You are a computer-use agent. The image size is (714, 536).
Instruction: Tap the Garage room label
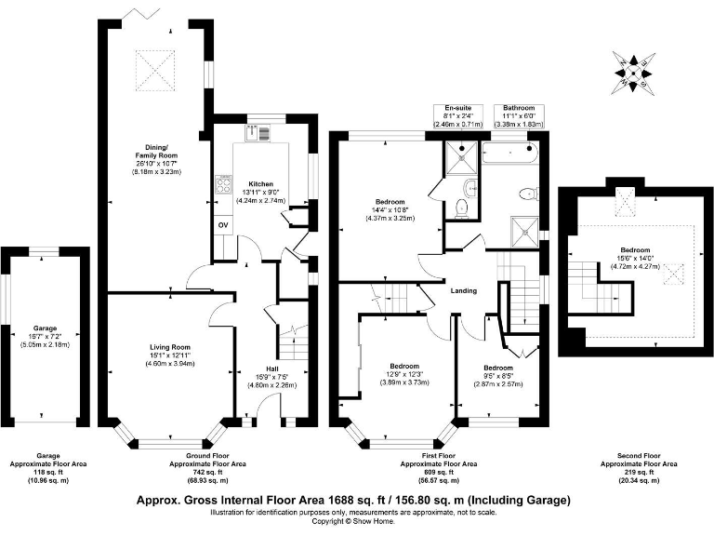point(45,328)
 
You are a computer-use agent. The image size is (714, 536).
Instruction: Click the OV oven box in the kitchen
point(223,225)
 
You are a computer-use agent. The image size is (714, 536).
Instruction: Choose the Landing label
point(464,290)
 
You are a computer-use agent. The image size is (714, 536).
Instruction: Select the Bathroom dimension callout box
point(517,115)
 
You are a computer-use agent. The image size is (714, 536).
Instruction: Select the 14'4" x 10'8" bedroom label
point(390,209)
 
